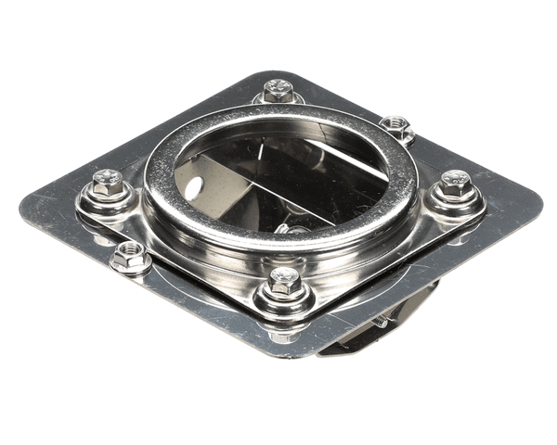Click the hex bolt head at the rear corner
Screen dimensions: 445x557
(x=277, y=89)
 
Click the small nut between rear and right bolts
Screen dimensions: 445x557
(x=396, y=126)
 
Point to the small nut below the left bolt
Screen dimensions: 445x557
(x=129, y=256)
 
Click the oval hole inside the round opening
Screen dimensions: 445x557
(x=192, y=189)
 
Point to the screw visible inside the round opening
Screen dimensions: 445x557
(x=295, y=228)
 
